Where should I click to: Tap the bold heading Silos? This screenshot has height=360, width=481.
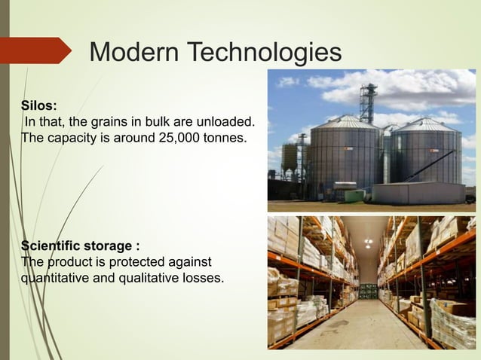pyautogui.click(x=39, y=105)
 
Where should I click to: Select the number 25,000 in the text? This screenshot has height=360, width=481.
pyautogui.click(x=171, y=139)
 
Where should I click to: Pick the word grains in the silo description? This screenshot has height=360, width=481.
pyautogui.click(x=105, y=122)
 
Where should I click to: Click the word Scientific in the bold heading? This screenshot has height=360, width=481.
pyautogui.click(x=53, y=246)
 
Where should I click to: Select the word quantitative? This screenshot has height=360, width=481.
pyautogui.click(x=57, y=278)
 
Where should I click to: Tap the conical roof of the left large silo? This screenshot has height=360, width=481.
pyautogui.click(x=346, y=121)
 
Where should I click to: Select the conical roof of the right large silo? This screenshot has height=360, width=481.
pyautogui.click(x=426, y=124)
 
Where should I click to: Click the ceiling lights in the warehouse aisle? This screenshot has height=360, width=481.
pyautogui.click(x=366, y=243)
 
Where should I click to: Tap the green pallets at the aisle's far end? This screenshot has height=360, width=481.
pyautogui.click(x=367, y=291)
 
